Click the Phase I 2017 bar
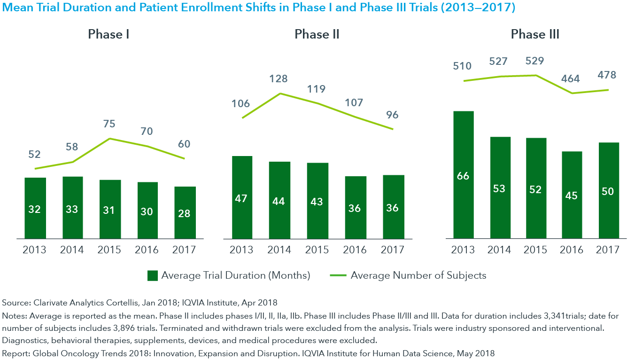(185, 212)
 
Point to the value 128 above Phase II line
(279, 78)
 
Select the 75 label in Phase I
(109, 124)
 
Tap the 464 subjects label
(571, 78)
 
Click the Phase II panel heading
(317, 34)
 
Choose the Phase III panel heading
(535, 34)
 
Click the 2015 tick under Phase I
(109, 250)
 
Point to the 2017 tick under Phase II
(392, 250)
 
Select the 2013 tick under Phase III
(463, 250)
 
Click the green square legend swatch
(153, 275)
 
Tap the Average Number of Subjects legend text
(418, 275)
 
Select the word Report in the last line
(15, 353)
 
